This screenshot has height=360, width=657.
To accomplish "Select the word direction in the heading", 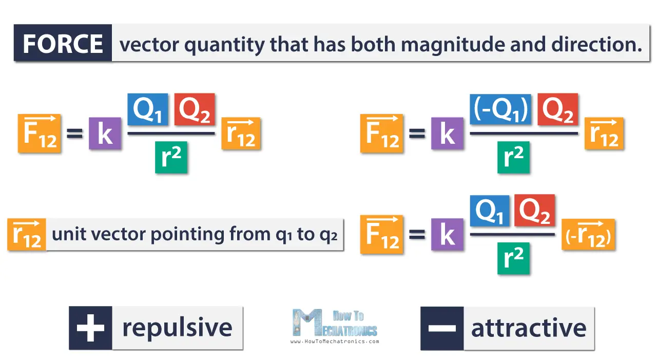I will tap(596, 45).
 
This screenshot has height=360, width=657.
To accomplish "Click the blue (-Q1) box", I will tap(500, 109).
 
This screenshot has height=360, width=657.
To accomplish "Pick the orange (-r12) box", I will tap(588, 236).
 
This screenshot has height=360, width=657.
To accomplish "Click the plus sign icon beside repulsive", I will tap(90, 328).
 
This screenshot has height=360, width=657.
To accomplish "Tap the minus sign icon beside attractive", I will tap(441, 328).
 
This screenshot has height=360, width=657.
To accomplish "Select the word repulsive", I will tap(177, 328).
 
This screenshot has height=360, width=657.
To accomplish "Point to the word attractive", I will tap(529, 328).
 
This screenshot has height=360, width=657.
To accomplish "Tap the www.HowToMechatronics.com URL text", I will tap(335, 342).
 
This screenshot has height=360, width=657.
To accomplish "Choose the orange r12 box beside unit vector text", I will tap(27, 235).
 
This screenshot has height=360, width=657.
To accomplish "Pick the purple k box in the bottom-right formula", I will tap(447, 235).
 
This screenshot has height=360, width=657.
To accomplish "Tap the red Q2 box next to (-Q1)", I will tap(557, 109).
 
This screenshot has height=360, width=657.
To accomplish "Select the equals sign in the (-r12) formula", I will tap(417, 235).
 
